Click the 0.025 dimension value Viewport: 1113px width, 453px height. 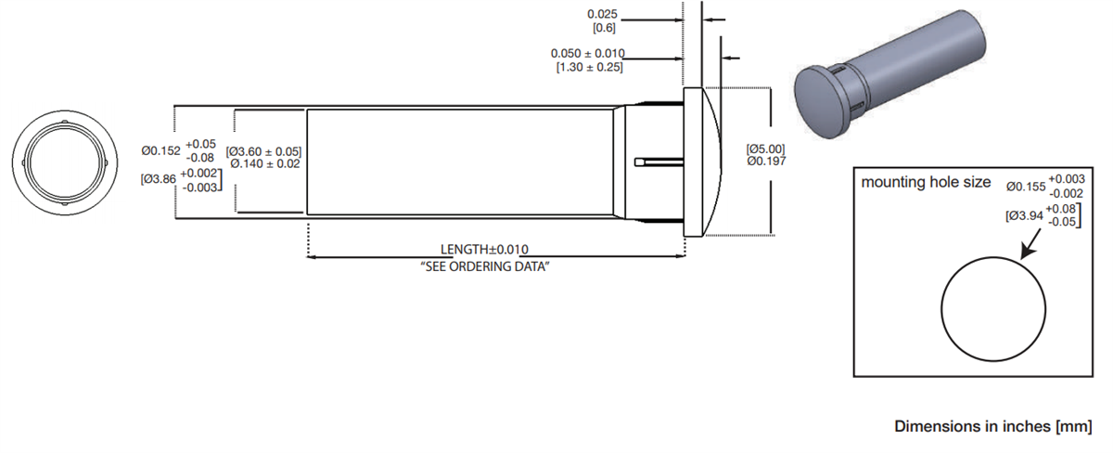pyautogui.click(x=603, y=15)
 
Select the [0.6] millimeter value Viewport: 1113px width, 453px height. pyautogui.click(x=604, y=28)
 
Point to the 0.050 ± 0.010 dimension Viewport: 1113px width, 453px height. pyautogui.click(x=587, y=54)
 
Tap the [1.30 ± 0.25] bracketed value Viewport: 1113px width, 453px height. pyautogui.click(x=588, y=68)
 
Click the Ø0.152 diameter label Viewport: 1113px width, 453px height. pyautogui.click(x=160, y=149)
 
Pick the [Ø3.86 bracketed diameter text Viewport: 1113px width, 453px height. pyautogui.click(x=158, y=179)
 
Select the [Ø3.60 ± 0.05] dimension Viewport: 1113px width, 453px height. pyautogui.click(x=263, y=151)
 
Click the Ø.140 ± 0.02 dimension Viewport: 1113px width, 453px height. pyautogui.click(x=264, y=164)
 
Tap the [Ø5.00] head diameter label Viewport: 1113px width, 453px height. pyautogui.click(x=766, y=148)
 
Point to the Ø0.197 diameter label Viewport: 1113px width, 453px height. pyautogui.click(x=766, y=161)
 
